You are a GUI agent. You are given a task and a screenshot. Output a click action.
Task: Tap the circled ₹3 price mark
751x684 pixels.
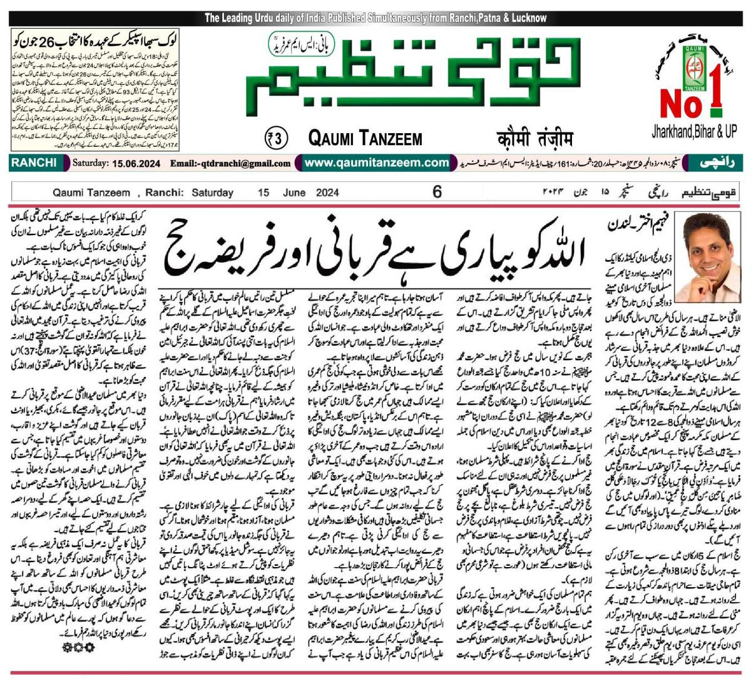[276, 138]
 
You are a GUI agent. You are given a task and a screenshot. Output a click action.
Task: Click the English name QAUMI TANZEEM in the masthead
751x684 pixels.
[365, 138]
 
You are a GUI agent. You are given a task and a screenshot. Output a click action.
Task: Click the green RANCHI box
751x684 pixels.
[33, 163]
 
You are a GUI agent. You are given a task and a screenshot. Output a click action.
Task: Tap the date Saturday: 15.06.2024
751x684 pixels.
[117, 163]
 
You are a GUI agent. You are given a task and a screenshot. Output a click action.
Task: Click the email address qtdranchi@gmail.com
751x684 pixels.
[230, 163]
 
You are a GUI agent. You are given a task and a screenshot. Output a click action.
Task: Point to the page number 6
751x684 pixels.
[437, 192]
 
